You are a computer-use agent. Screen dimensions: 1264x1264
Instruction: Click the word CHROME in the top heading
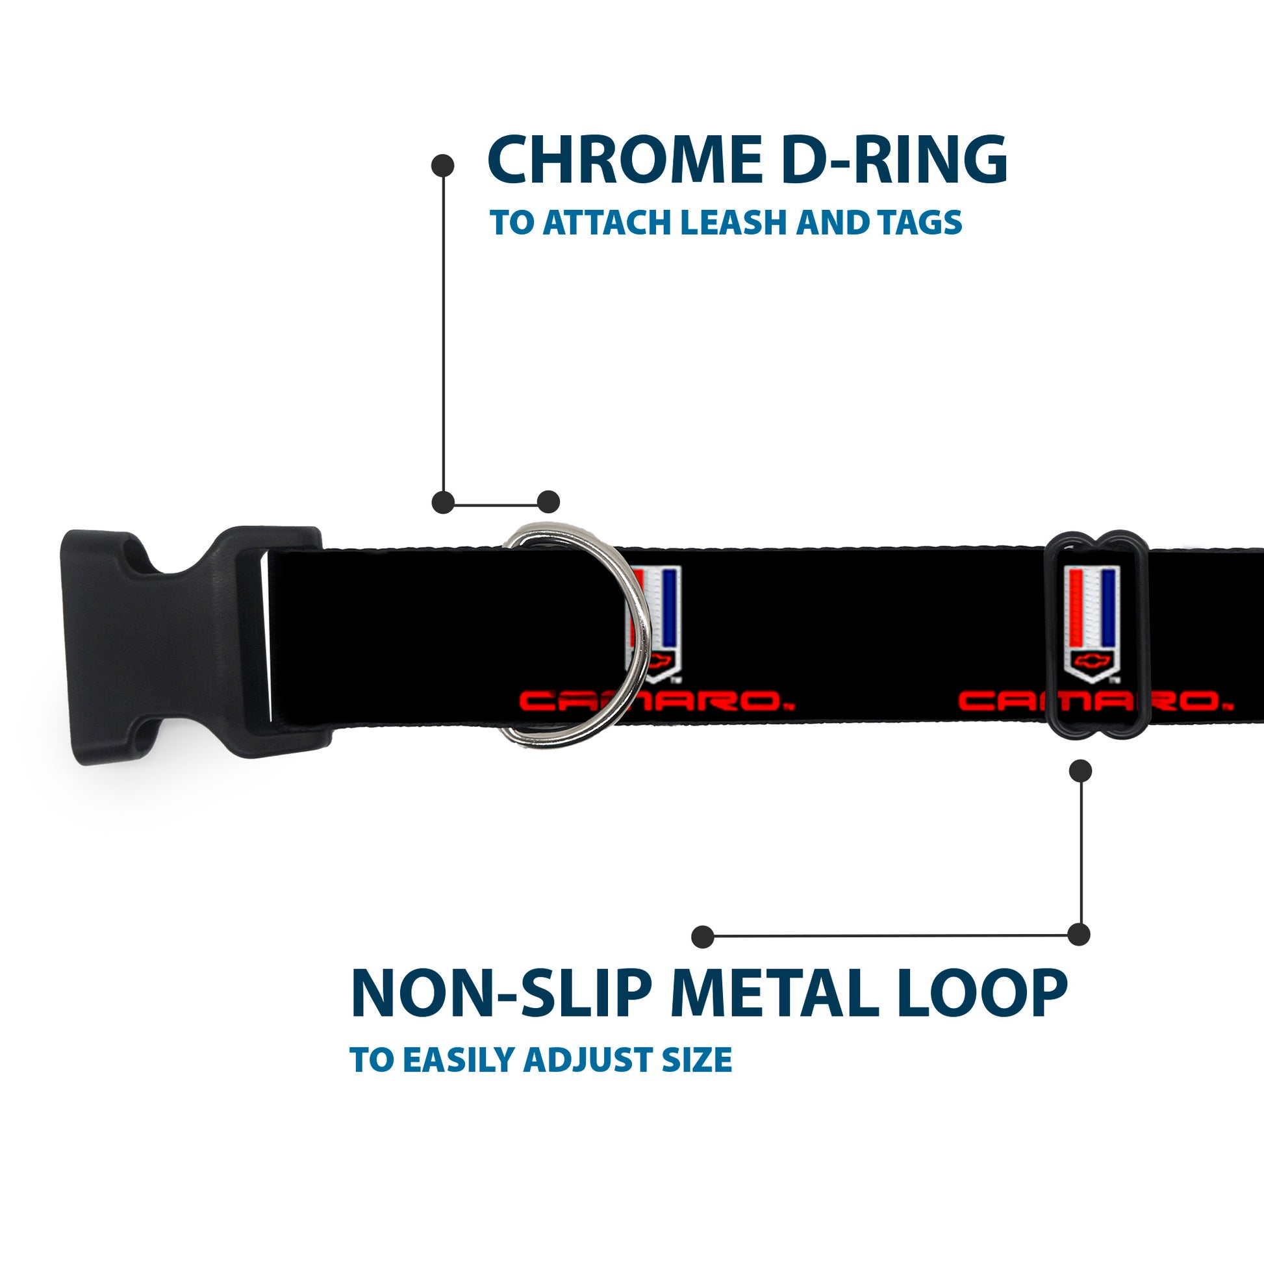622,160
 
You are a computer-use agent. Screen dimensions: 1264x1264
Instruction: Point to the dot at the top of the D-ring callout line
443,166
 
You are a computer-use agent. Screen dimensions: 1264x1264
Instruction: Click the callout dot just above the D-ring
548,503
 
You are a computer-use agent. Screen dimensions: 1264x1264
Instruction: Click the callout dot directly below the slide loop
1080,771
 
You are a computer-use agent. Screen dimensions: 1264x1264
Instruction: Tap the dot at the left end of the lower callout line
702,936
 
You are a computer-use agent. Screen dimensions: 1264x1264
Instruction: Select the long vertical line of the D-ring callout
444,334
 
